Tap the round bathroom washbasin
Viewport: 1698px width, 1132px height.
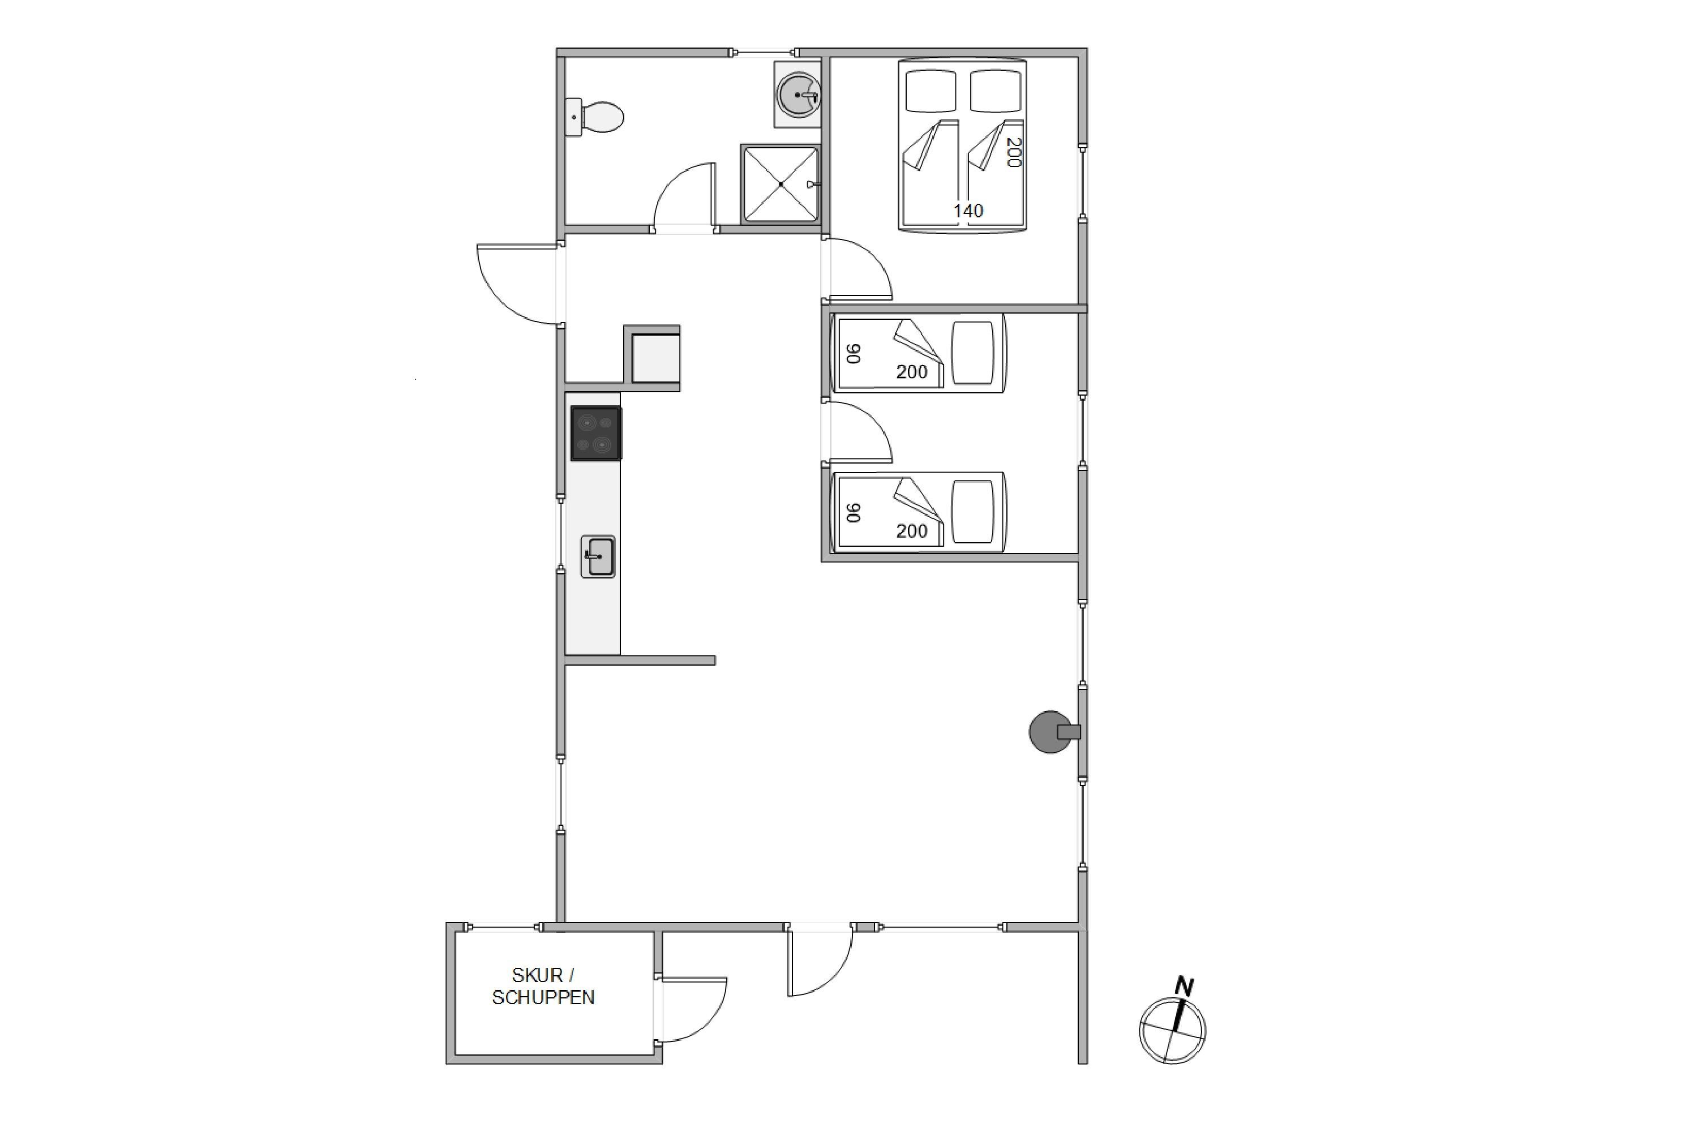[797, 95]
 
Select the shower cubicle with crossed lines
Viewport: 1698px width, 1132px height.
[781, 184]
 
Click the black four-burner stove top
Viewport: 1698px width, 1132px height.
[597, 433]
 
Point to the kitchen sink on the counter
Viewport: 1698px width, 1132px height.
[598, 556]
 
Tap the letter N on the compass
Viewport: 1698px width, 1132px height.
[1184, 986]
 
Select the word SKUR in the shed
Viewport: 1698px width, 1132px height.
[537, 975]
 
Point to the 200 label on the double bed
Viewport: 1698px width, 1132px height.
[1013, 152]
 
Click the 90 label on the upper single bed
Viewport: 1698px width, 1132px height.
[854, 354]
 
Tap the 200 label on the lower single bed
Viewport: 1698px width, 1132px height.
[911, 531]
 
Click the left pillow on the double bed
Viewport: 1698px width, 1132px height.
[931, 91]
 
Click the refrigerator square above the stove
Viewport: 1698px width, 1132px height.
[655, 358]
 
